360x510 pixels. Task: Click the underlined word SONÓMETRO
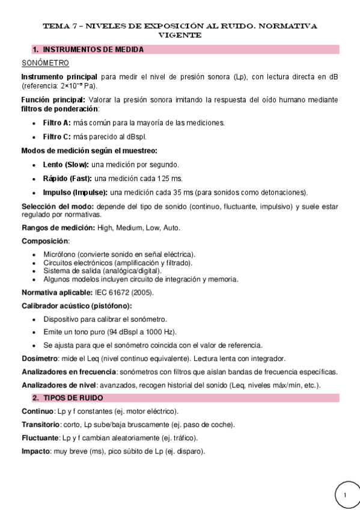click(x=45, y=63)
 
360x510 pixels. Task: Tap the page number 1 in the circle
click(x=346, y=495)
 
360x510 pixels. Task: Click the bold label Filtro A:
click(x=57, y=123)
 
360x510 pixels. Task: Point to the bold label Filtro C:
click(x=57, y=137)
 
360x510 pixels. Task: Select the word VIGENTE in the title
click(x=180, y=35)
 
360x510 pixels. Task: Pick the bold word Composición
click(x=45, y=241)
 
